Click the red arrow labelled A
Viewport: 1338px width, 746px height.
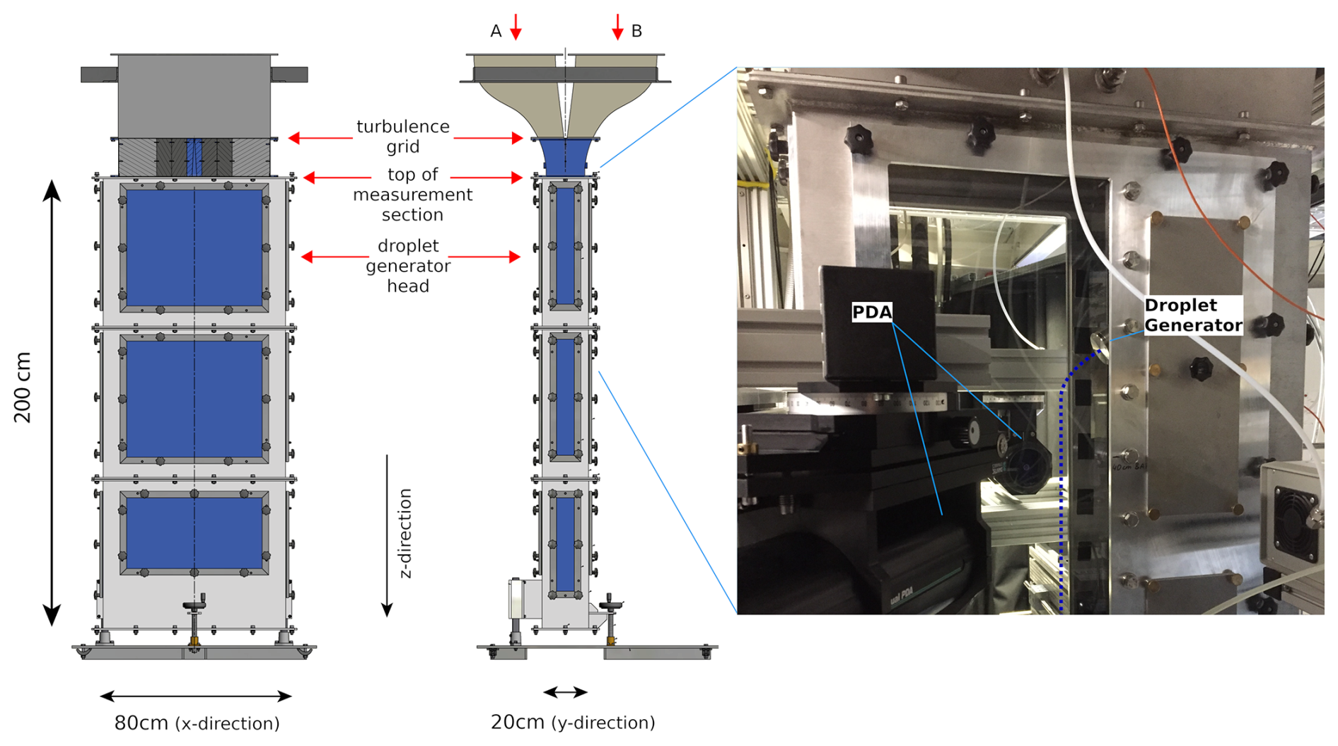point(516,27)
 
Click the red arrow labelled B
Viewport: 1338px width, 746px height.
point(617,27)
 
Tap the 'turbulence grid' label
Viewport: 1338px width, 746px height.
point(402,136)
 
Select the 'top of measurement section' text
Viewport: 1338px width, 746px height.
point(412,194)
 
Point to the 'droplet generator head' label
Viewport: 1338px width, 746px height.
point(408,266)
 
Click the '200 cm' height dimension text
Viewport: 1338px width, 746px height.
point(23,387)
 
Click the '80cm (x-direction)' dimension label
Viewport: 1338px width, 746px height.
point(197,723)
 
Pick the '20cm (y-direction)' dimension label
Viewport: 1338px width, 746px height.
point(573,723)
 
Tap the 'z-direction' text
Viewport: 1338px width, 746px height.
point(405,533)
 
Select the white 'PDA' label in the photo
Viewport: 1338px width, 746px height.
point(871,312)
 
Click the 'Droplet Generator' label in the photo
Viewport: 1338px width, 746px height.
point(1192,315)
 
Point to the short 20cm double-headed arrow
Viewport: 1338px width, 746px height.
point(565,692)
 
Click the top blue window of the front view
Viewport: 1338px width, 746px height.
point(194,247)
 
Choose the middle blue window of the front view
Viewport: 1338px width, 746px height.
point(194,399)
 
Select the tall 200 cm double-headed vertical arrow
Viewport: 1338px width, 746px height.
point(52,403)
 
